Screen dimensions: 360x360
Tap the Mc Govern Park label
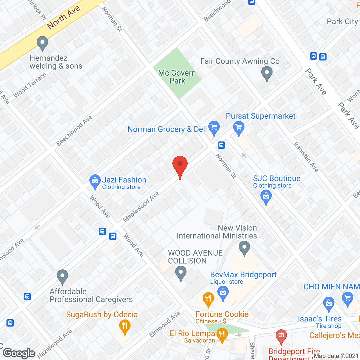click(x=177, y=77)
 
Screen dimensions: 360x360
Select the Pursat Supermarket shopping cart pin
click(x=239, y=128)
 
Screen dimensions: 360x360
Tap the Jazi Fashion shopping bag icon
click(x=95, y=181)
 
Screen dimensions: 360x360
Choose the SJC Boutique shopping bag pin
click(x=266, y=197)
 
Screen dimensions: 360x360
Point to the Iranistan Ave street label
click(x=306, y=157)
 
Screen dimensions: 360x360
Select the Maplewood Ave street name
click(x=141, y=206)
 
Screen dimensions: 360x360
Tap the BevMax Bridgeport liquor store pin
click(x=223, y=293)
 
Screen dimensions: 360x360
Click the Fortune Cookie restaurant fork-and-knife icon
click(x=208, y=299)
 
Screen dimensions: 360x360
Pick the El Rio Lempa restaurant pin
click(x=222, y=335)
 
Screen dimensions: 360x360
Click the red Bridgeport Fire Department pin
click(x=281, y=336)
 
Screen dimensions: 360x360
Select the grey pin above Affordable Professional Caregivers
click(x=62, y=277)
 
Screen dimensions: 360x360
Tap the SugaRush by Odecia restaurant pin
click(x=125, y=327)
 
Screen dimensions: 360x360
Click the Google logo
click(x=19, y=353)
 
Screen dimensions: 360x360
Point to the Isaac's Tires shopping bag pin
click(x=328, y=304)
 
